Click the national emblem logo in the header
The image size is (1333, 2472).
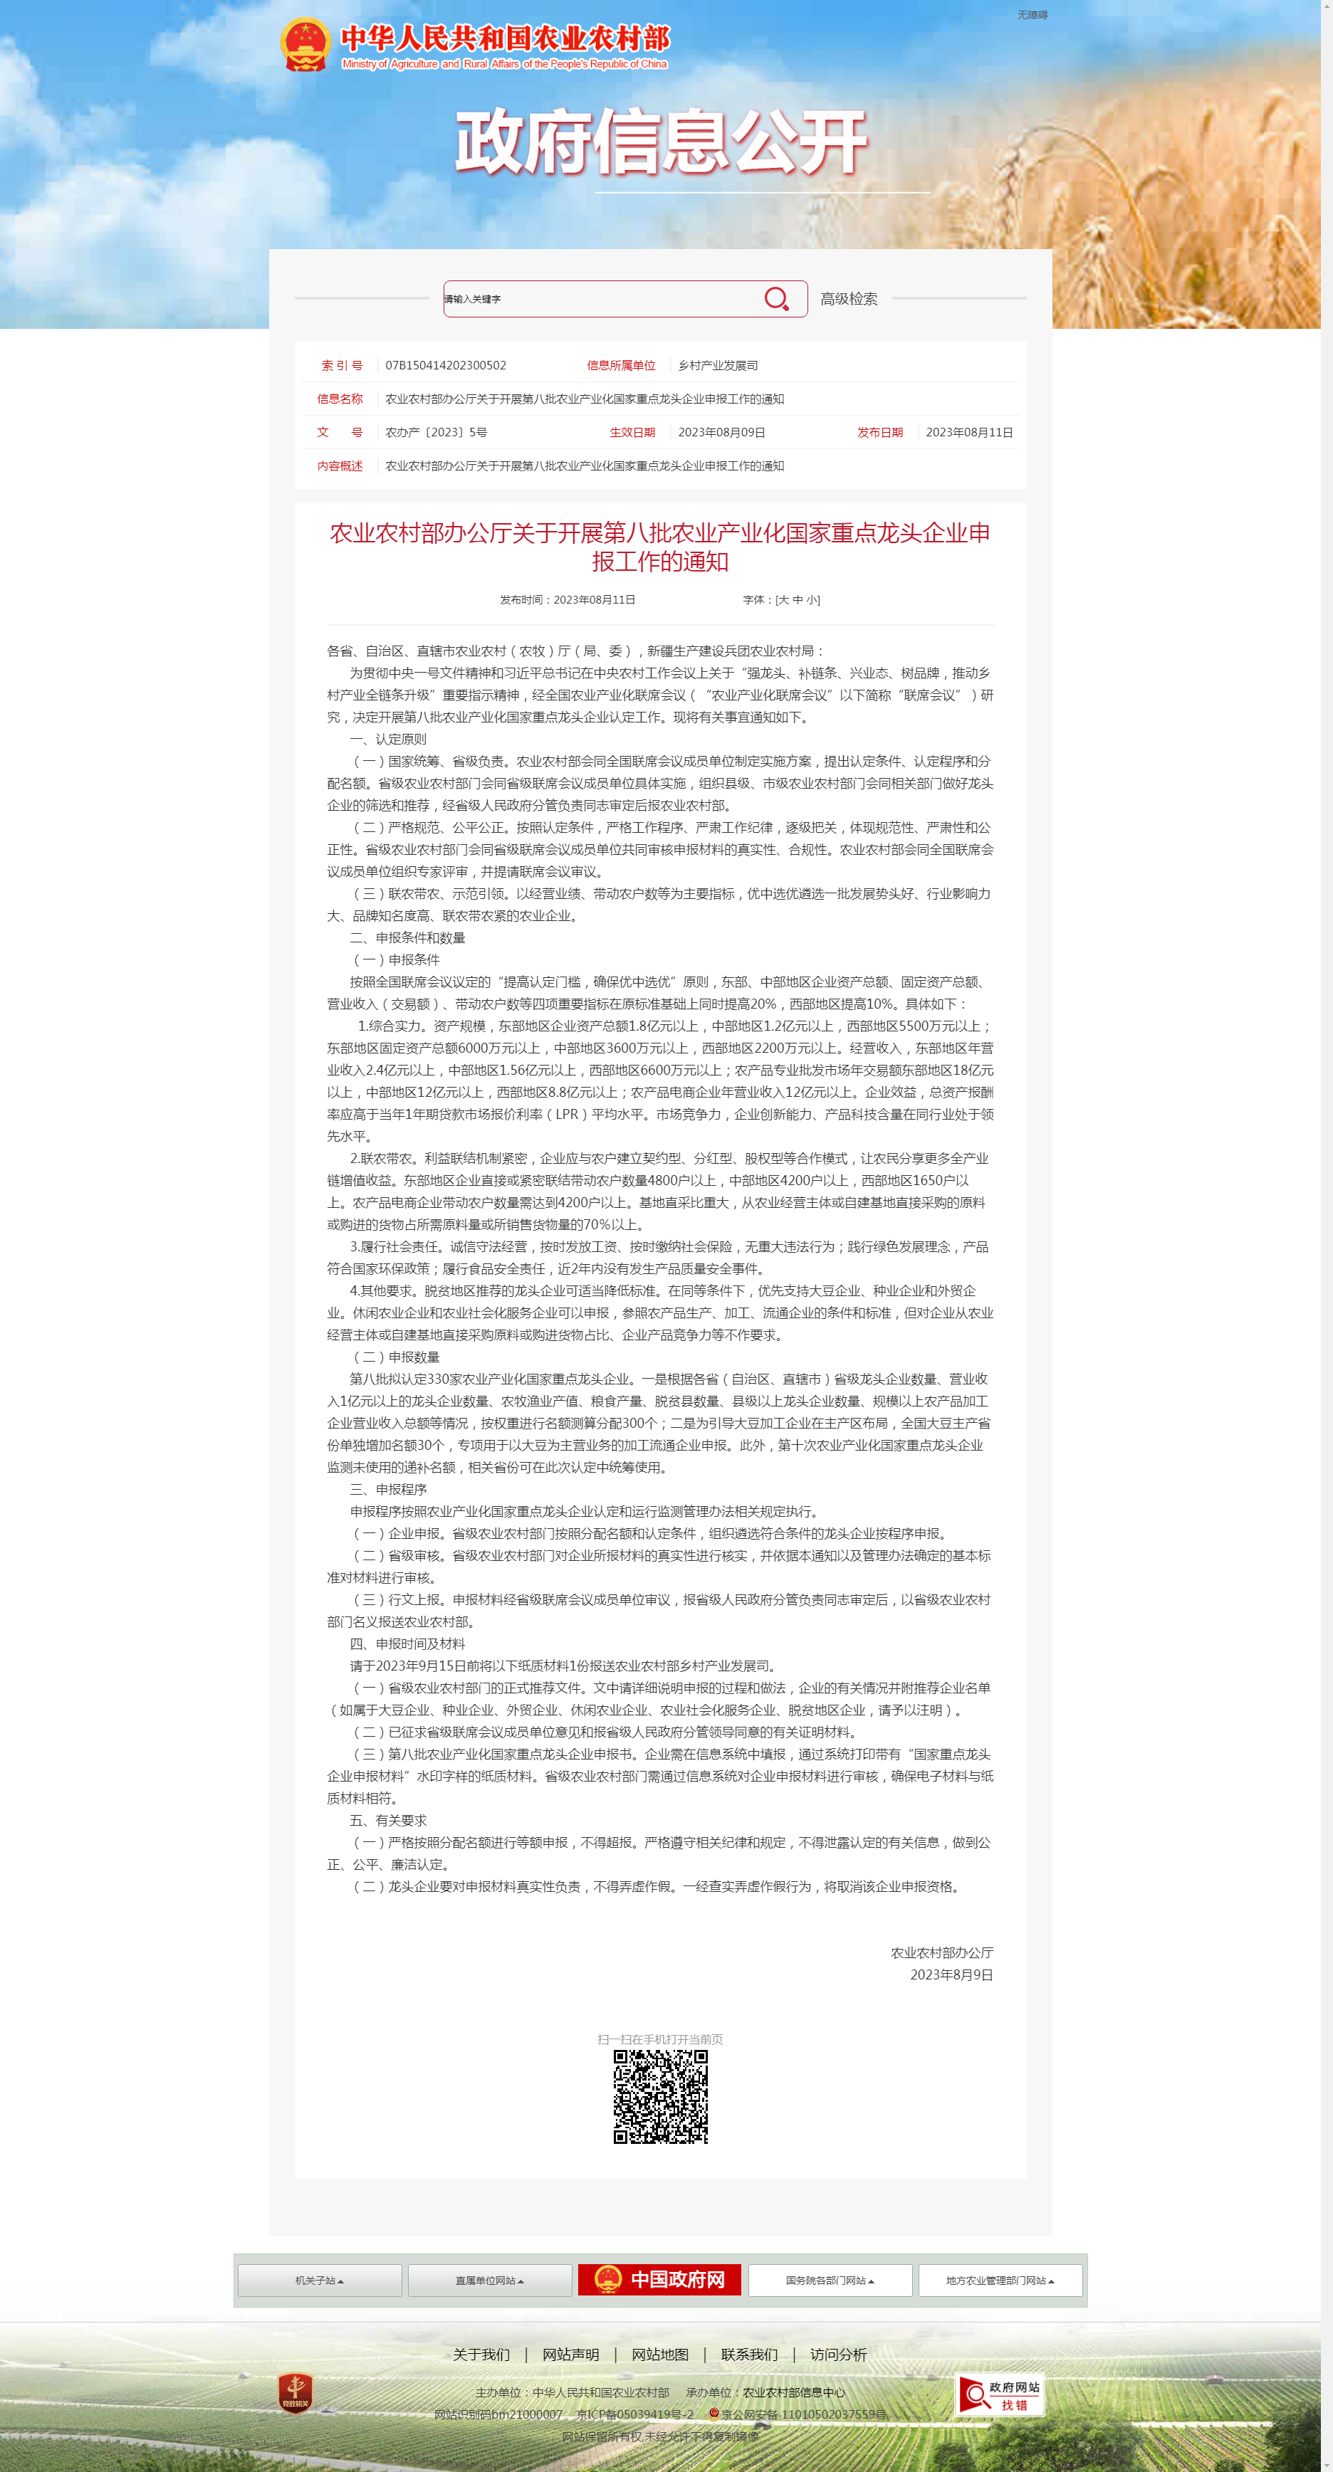click(305, 44)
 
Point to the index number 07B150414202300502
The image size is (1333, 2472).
click(445, 366)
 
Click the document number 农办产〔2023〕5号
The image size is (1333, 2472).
click(436, 433)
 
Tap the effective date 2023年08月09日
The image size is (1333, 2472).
click(721, 433)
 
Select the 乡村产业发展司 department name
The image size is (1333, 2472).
click(718, 366)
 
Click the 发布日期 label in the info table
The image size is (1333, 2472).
click(880, 433)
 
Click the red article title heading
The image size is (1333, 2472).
click(660, 547)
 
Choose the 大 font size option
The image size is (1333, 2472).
click(783, 600)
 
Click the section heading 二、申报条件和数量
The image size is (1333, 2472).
click(408, 937)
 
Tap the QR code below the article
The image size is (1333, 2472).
click(660, 2097)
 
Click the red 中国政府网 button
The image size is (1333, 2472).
click(659, 2279)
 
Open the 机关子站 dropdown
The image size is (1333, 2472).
click(320, 2280)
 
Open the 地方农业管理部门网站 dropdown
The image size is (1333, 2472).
click(1000, 2280)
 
